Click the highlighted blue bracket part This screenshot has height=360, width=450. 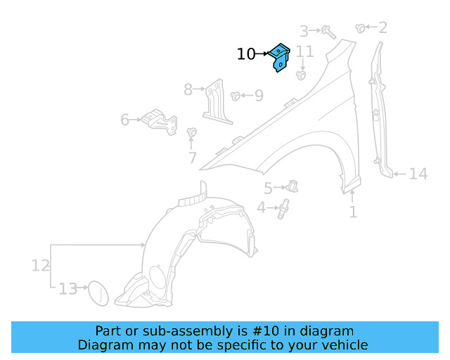(x=280, y=57)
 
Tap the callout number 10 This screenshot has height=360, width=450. (x=246, y=54)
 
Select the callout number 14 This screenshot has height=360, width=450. (x=418, y=173)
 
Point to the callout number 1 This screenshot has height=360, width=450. (x=353, y=211)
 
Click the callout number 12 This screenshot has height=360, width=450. (x=41, y=265)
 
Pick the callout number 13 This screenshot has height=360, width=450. (x=67, y=289)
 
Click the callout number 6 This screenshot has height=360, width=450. (x=125, y=120)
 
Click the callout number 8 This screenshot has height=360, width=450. (x=188, y=89)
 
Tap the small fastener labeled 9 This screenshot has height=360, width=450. (x=236, y=95)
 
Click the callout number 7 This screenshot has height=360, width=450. (x=192, y=158)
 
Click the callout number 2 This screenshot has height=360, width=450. (x=383, y=28)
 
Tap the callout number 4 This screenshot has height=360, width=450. (x=262, y=208)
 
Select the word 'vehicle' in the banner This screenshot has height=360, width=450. (x=345, y=345)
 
